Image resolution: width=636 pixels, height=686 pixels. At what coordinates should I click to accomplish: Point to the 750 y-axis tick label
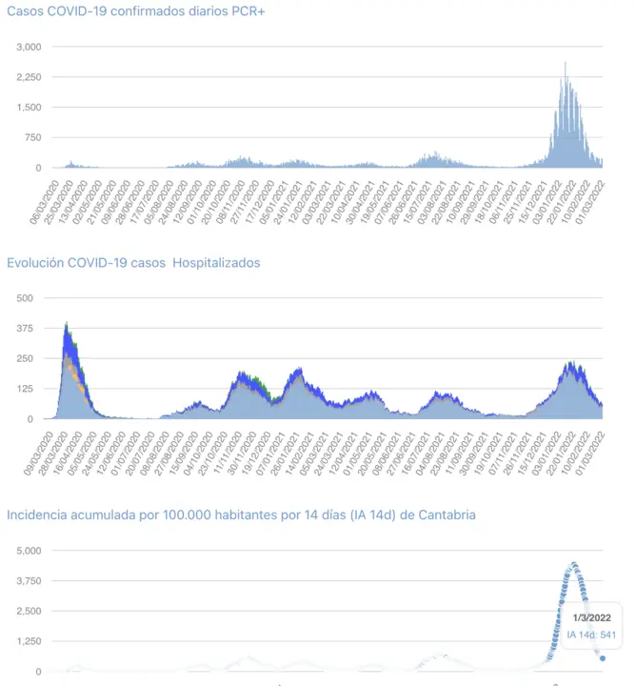click(32, 138)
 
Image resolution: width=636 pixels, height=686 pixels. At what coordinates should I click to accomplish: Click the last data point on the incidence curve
click(603, 657)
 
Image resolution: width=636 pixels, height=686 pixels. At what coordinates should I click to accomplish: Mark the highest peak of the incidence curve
click(574, 564)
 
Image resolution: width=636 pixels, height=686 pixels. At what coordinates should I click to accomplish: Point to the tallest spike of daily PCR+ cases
click(566, 63)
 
